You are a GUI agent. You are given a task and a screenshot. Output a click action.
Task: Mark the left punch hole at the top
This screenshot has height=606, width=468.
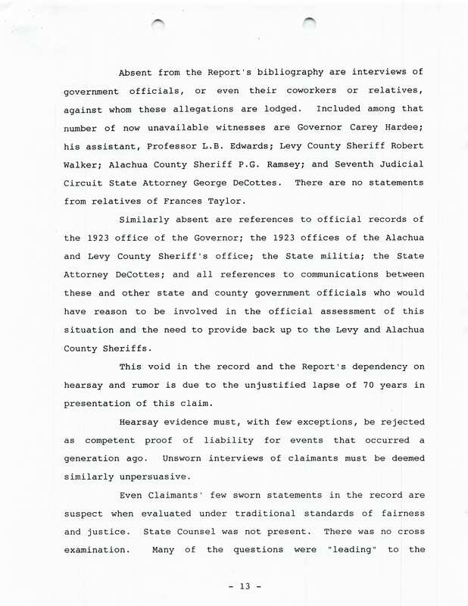coord(158,27)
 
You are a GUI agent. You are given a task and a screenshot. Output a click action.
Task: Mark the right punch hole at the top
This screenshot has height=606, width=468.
coord(309,24)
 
